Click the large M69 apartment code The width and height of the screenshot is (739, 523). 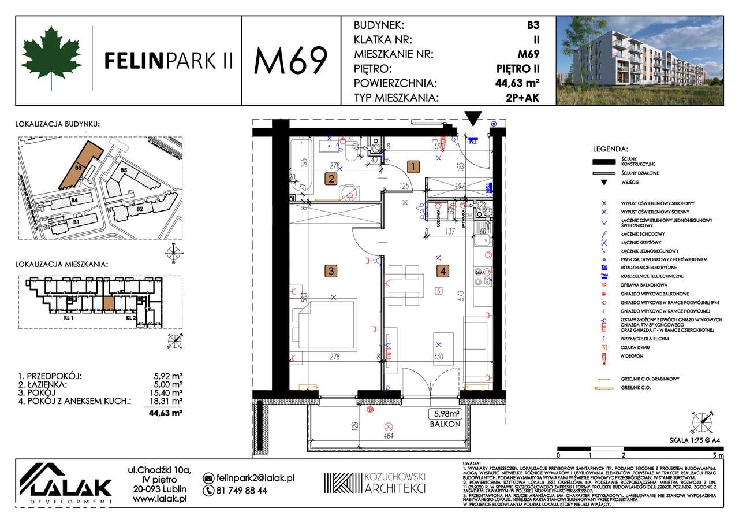[290, 60]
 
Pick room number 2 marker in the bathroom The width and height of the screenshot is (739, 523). [330, 179]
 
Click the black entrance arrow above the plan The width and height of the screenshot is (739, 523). [473, 119]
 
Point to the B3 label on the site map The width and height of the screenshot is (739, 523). [78, 168]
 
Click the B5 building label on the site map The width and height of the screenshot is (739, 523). [124, 171]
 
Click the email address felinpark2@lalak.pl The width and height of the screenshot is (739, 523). [255, 478]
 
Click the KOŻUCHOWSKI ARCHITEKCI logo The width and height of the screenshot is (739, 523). [375, 483]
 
